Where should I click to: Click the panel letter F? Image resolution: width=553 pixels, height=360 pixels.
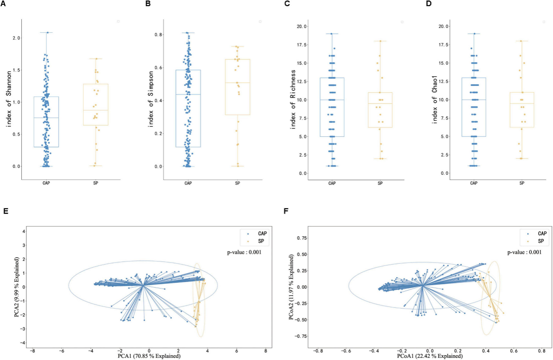coord(285,211)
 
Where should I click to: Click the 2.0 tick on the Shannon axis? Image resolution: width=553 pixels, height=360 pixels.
coord(16,38)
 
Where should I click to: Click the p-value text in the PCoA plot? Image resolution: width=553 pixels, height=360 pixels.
coord(523,252)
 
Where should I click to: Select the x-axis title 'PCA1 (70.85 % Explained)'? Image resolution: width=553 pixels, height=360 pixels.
coord(149,356)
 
